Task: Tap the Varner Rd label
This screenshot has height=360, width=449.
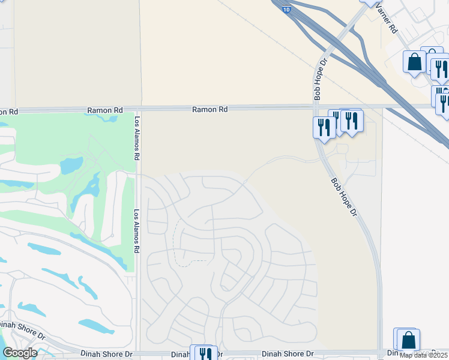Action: (385, 19)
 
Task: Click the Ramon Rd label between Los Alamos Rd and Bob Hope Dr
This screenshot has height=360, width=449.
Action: (210, 110)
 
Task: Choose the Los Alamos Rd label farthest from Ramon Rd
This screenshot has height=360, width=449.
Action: (137, 231)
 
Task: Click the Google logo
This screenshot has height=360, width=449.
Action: (20, 353)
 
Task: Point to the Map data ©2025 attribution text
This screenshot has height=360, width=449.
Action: (424, 355)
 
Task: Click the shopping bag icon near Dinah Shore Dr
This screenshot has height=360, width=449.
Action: (408, 340)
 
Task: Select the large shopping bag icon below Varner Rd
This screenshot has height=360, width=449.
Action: (414, 62)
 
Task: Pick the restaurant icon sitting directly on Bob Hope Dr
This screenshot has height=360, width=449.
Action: (324, 127)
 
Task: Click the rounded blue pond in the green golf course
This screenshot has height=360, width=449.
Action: (71, 165)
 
